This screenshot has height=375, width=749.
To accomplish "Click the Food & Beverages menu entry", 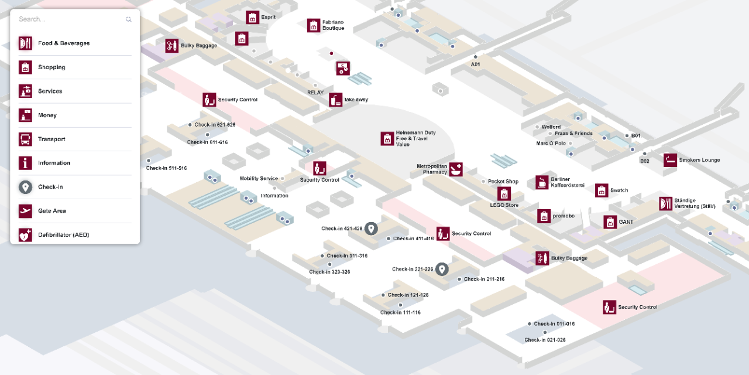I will (64, 43).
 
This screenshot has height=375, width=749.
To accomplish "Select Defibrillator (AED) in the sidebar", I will (63, 235).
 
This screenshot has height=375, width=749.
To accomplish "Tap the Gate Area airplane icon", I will (25, 211).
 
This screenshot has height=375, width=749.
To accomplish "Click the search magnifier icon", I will (129, 19).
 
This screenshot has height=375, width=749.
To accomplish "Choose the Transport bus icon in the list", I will (25, 139).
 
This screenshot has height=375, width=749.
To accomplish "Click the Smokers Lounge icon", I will (670, 160).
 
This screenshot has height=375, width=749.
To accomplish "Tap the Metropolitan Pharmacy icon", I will (456, 169).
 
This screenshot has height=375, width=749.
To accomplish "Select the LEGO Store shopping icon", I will (504, 193).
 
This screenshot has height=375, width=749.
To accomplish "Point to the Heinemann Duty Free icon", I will (387, 138).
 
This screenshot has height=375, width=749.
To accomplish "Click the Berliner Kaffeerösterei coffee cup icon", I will (542, 182).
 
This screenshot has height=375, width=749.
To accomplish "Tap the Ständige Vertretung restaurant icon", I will (665, 203).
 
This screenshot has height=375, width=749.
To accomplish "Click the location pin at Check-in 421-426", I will (370, 229).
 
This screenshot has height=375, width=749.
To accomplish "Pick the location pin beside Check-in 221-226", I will (442, 269).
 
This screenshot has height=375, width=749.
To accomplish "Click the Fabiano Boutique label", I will (333, 25).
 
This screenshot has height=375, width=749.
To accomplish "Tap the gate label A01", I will (475, 64).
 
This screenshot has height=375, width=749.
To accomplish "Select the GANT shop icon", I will (610, 222).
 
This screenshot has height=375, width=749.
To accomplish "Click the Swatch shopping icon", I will (602, 190).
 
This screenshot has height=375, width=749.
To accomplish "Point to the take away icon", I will (335, 100).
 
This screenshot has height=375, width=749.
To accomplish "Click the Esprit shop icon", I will (252, 18).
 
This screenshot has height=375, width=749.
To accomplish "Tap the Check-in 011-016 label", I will (554, 324).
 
